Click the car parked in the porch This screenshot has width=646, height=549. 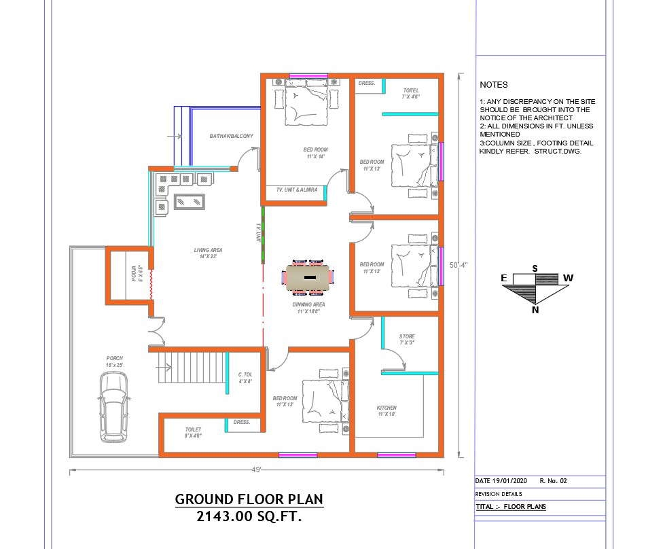pos(113,407)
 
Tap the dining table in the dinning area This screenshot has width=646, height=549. pos(309,278)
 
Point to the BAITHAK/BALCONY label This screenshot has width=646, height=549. pos(231,137)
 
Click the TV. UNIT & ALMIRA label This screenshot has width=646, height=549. pos(292,190)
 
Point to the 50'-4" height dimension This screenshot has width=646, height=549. pos(459,265)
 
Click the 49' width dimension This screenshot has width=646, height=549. pos(256,470)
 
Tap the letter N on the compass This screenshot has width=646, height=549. pos(535,311)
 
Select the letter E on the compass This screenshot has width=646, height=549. pos(505,278)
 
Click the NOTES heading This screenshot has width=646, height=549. pos(493,85)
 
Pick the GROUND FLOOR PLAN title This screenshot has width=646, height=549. pos(249,499)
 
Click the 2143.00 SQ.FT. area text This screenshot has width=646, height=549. pos(249,516)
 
